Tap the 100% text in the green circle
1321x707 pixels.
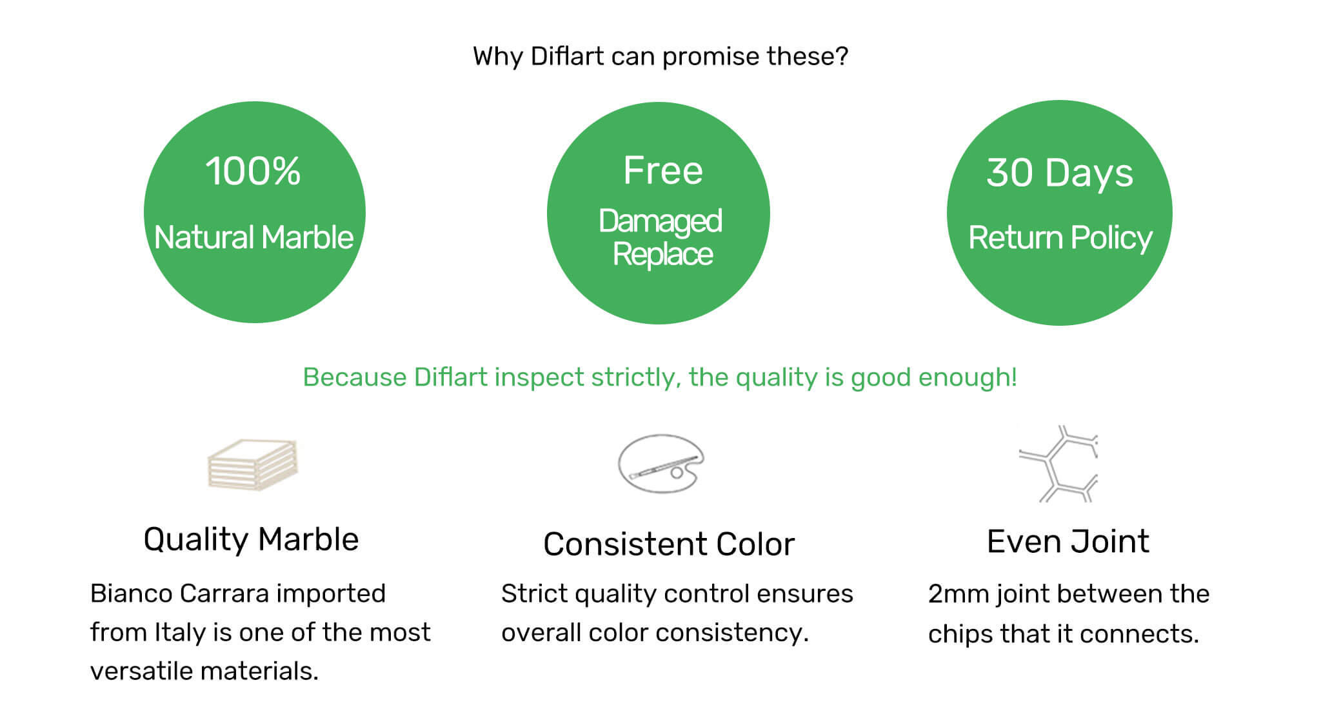[x=253, y=171]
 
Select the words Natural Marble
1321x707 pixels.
[x=254, y=237]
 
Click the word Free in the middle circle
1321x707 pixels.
[x=663, y=170]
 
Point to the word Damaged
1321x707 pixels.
[x=660, y=222]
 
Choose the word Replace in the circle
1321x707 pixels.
[x=662, y=254]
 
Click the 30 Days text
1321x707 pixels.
[x=1060, y=173]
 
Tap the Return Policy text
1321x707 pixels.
[x=1060, y=238]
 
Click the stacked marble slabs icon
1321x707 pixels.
[x=253, y=464]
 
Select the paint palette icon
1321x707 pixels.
[x=660, y=464]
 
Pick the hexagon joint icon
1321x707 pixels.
[x=1058, y=464]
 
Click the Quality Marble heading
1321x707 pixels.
[x=251, y=539]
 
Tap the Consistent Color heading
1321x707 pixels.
[x=669, y=544]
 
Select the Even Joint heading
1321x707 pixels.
[x=1068, y=541]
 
